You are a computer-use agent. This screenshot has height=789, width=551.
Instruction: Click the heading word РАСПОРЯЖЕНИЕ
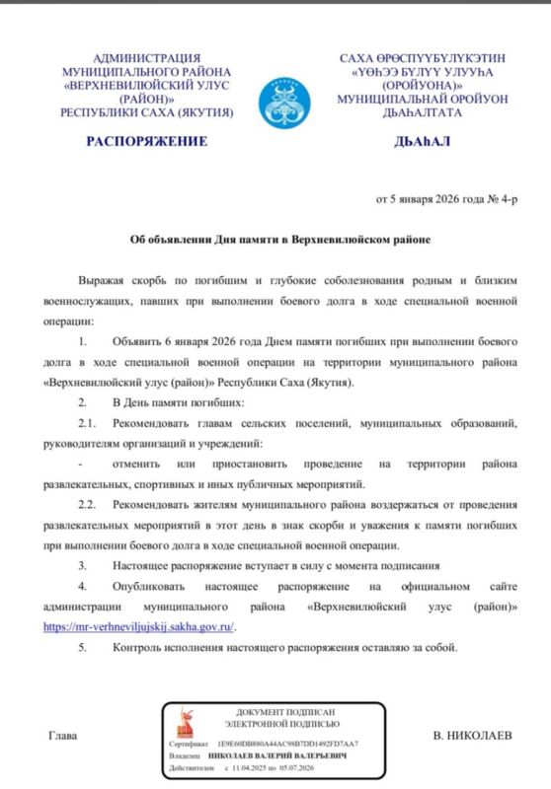pyautogui.click(x=146, y=141)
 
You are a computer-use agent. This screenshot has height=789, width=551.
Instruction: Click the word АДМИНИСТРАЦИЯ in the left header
pyautogui.click(x=145, y=59)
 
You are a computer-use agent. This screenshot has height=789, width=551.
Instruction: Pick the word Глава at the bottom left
pyautogui.click(x=61, y=737)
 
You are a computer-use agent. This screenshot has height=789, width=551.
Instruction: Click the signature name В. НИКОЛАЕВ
pyautogui.click(x=473, y=737)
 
